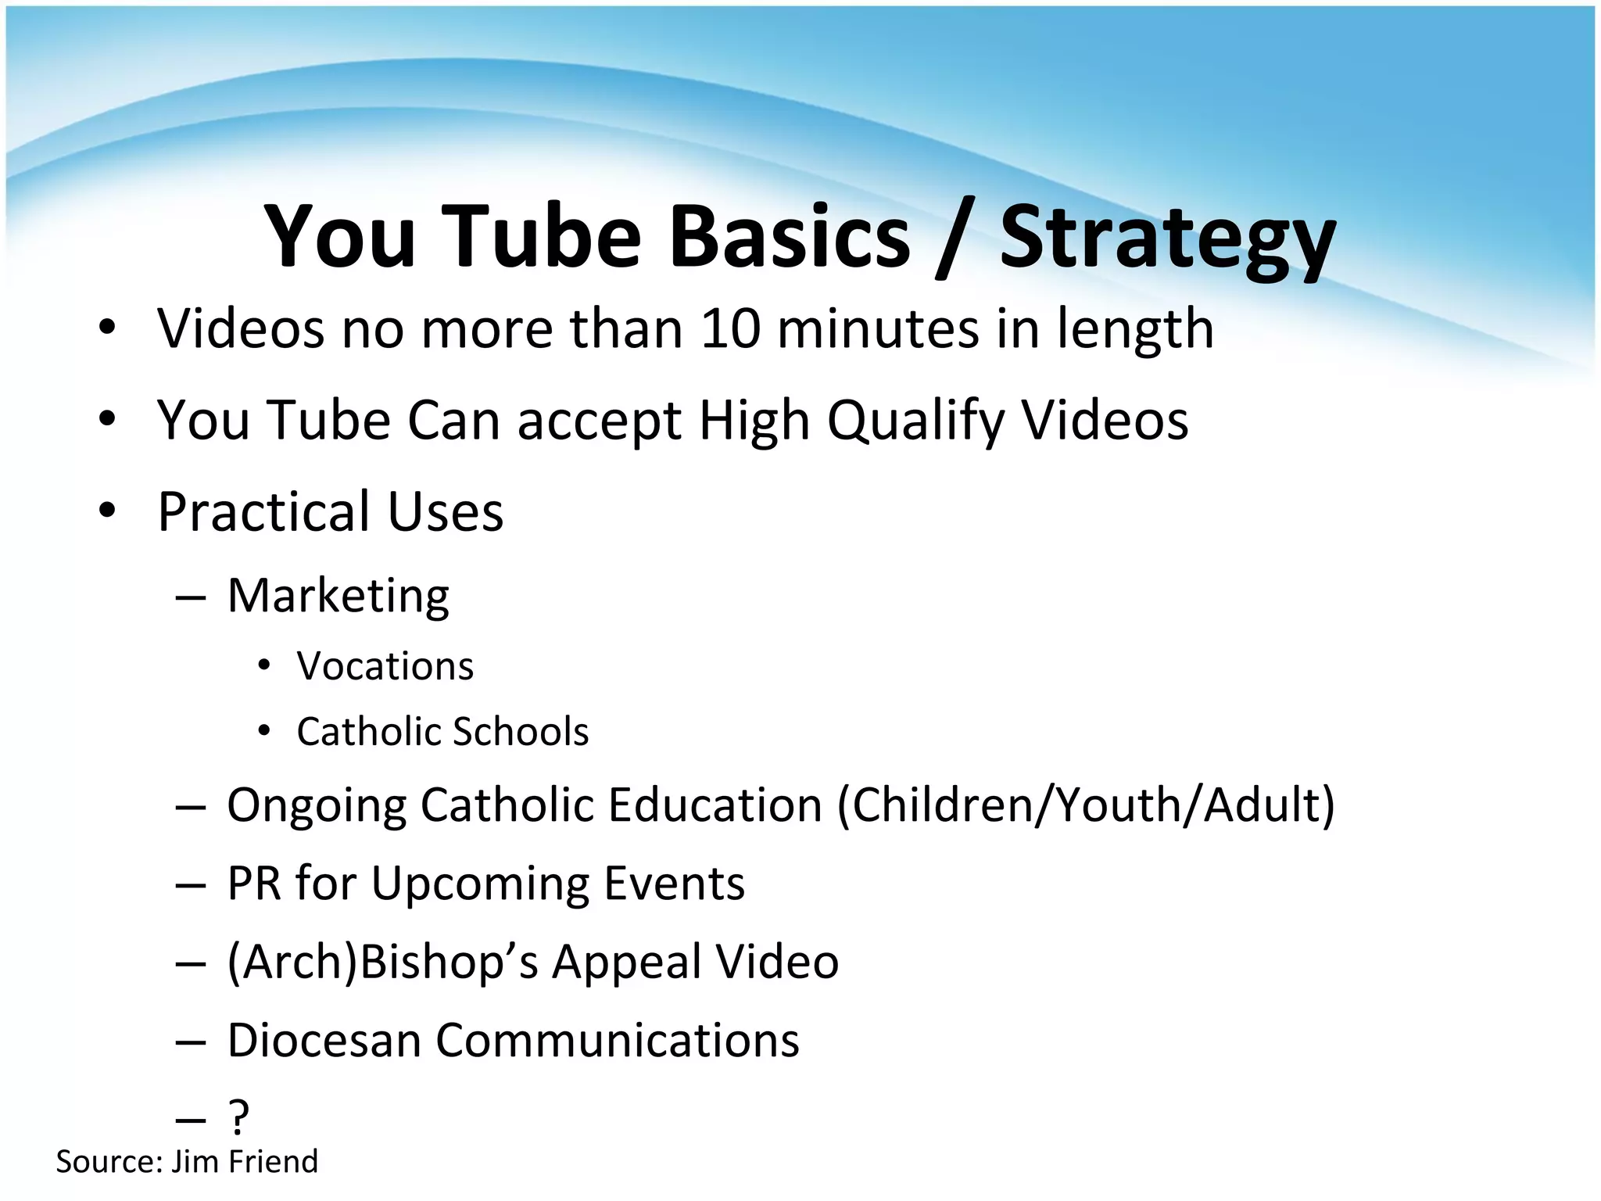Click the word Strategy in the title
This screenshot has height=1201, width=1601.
(1167, 238)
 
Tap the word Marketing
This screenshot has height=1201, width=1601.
(338, 597)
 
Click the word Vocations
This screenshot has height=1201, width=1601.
(385, 667)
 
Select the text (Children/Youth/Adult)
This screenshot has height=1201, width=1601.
(1086, 805)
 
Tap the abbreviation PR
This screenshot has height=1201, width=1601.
(254, 884)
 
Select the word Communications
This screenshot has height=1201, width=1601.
(617, 1041)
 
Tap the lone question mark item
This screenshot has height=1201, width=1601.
(238, 1117)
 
